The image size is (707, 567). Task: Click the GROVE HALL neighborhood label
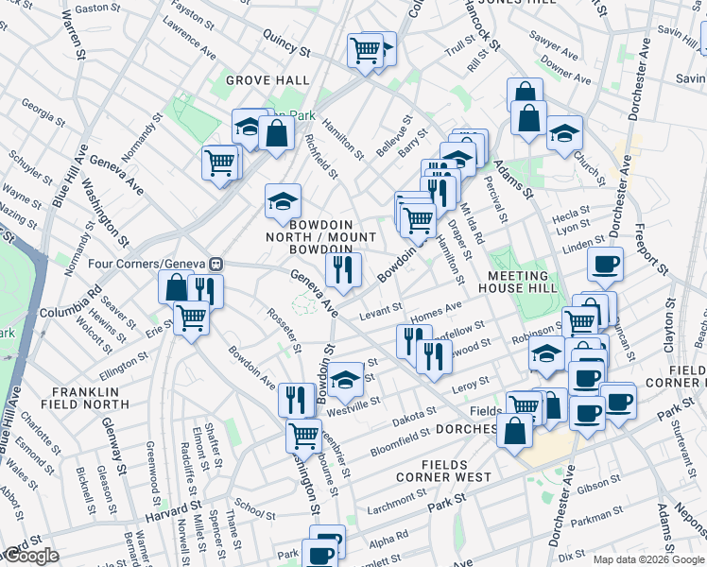coord(267,80)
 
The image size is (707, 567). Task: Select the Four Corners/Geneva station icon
coord(216,264)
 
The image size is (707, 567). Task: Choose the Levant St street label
coord(381,310)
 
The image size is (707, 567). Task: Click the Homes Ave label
coord(436,309)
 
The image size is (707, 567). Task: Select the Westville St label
coord(353,403)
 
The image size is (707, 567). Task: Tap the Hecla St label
coord(573,214)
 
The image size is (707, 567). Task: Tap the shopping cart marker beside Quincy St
coord(365,50)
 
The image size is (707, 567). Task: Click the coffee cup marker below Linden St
coord(605,265)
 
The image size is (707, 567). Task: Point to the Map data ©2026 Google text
coord(648,559)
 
